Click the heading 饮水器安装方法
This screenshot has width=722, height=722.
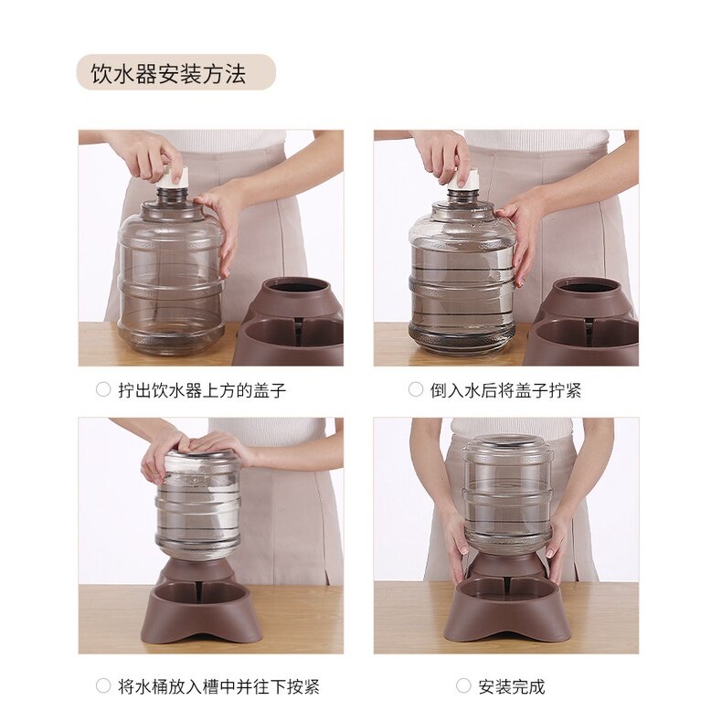pyautogui.click(x=168, y=74)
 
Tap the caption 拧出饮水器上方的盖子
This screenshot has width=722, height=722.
pyautogui.click(x=202, y=390)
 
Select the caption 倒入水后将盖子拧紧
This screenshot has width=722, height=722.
pyautogui.click(x=505, y=390)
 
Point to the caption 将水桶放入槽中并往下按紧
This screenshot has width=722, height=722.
pyautogui.click(x=218, y=686)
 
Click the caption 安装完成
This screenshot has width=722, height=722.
pyautogui.click(x=511, y=686)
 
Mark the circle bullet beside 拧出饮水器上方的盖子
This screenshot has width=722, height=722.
pyautogui.click(x=103, y=389)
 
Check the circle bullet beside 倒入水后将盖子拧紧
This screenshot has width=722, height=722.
pyautogui.click(x=415, y=389)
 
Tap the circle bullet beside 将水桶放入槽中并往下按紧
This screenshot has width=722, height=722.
pyautogui.click(x=103, y=685)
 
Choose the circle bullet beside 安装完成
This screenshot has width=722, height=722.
pyautogui.click(x=463, y=685)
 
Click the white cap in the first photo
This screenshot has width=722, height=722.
pyautogui.click(x=173, y=177)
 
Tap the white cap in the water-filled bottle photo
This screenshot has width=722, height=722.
pyautogui.click(x=462, y=178)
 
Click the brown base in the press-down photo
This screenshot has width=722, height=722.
pyautogui.click(x=200, y=603)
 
